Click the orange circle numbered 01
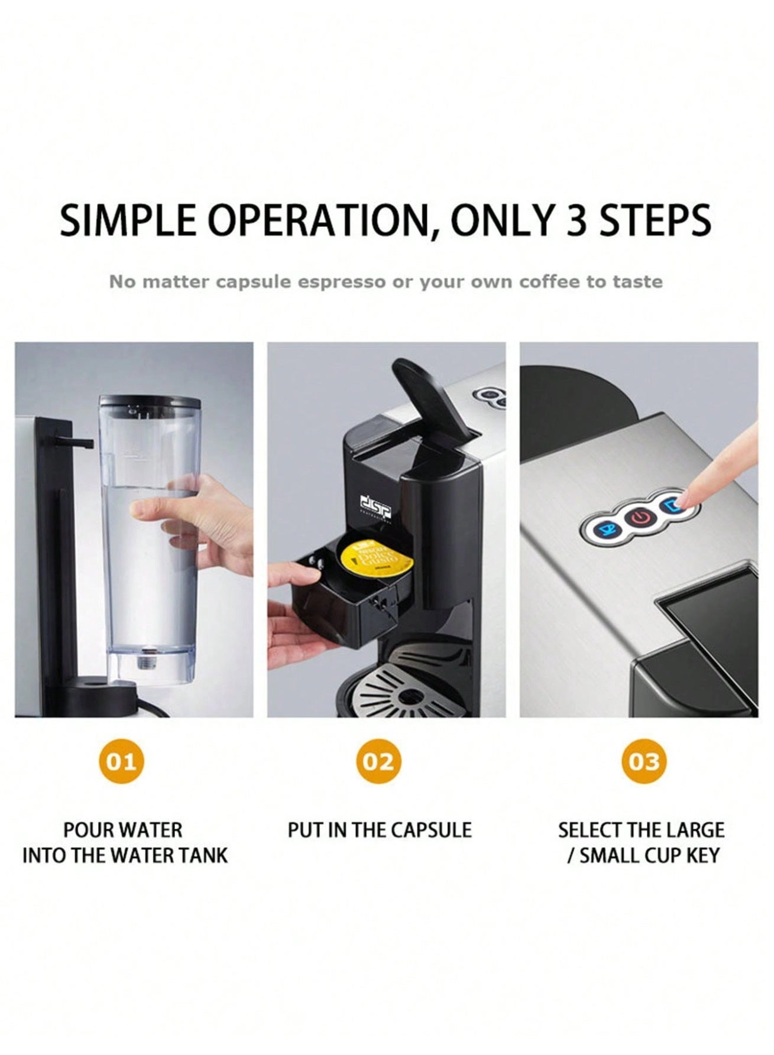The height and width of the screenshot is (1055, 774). [x=121, y=761]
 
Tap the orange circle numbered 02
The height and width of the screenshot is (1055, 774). [x=378, y=761]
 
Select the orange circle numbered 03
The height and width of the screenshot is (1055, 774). [x=643, y=761]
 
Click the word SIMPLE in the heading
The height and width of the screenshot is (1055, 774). [x=128, y=220]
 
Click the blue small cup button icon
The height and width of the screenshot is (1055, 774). [x=607, y=527]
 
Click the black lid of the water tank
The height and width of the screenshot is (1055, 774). [x=150, y=401]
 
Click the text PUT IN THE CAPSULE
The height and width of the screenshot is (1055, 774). [x=380, y=830]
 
